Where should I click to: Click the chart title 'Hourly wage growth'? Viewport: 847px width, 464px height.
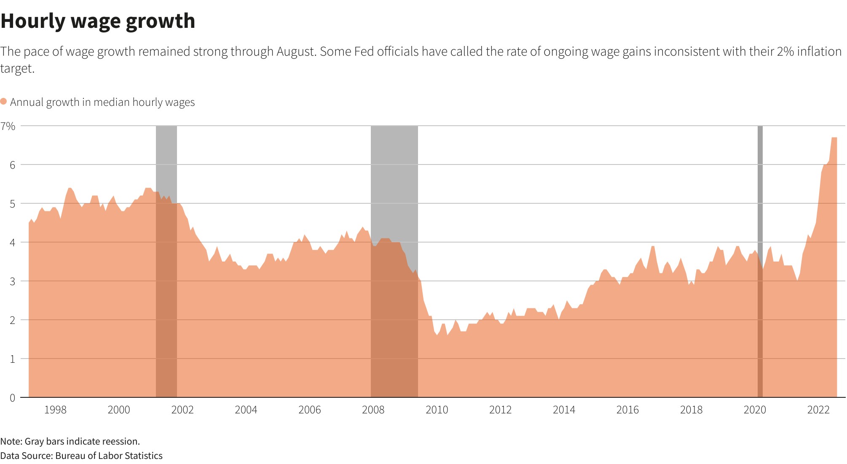pos(98,21)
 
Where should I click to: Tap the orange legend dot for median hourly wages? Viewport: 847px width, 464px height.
pos(4,102)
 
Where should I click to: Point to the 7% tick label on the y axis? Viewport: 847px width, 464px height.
pos(8,126)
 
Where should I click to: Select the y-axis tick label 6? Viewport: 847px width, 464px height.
pos(12,165)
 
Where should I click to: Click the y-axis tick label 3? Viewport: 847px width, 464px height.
pos(12,281)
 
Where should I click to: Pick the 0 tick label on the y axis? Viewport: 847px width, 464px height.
pos(12,398)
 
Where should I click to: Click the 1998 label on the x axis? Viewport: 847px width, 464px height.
pos(55,410)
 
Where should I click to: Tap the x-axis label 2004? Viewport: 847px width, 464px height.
pos(246,410)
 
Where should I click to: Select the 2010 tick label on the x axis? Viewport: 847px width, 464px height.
pos(437,410)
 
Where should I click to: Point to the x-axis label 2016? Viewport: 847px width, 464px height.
pos(627,410)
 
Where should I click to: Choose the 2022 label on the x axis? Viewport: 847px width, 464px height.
pos(818,410)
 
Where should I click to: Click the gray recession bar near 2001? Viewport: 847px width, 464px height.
pos(166,160)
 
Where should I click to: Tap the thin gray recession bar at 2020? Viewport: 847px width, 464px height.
pos(760,190)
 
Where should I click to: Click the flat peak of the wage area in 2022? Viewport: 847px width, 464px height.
pos(834,138)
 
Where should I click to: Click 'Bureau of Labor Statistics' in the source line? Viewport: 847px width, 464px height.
pos(109,456)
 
